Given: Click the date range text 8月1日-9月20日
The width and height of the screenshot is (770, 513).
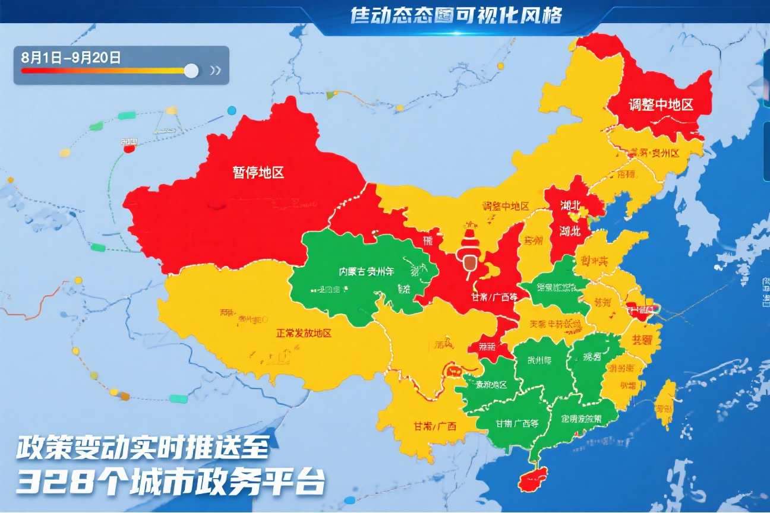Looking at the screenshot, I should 71,58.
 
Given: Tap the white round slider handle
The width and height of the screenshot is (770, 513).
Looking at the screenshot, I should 191,71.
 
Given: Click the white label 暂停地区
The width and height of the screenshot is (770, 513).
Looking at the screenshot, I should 258,172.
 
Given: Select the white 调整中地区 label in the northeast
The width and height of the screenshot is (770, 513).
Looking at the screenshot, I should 661,105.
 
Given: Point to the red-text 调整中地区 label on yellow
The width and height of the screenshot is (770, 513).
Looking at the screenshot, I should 505,206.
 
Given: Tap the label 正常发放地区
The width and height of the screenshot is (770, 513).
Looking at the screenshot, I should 303,333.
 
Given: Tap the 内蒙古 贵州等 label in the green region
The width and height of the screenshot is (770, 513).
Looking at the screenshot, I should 367,272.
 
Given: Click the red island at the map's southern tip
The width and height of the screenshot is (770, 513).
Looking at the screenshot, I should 532,478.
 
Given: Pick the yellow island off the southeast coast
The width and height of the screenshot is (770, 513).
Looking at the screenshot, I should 665,404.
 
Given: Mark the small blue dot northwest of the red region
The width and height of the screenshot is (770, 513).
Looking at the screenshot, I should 232,110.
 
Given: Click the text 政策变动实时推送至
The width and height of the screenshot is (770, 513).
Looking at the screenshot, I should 143,448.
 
